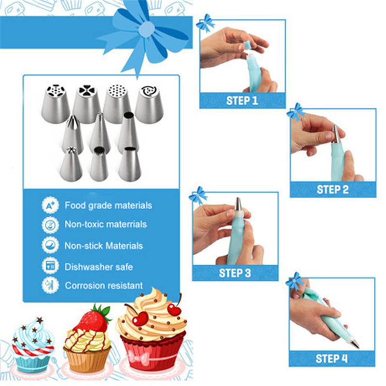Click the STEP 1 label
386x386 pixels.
242,101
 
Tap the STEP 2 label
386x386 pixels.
332,190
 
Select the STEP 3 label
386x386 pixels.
235,273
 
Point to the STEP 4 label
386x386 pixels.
331,358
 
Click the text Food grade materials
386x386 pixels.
108,206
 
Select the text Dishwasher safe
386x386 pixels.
99,267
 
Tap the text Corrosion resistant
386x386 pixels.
104,286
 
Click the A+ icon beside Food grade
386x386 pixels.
51,205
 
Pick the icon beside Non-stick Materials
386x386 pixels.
51,245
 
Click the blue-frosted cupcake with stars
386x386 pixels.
33,345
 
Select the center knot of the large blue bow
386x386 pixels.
147,29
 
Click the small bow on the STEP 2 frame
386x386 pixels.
296,111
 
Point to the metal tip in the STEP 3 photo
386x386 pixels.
238,204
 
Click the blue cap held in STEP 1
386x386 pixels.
247,45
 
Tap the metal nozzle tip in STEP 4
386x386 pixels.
354,343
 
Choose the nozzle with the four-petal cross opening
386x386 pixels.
87,104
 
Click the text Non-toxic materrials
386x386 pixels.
106,224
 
